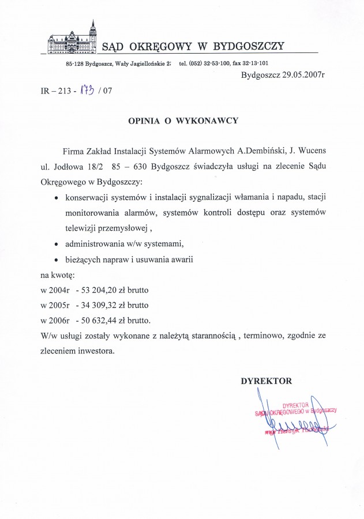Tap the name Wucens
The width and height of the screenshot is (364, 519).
[x=312, y=151]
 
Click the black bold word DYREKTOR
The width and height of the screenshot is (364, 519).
[x=267, y=381]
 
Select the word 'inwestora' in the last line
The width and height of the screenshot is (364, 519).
[x=96, y=349]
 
